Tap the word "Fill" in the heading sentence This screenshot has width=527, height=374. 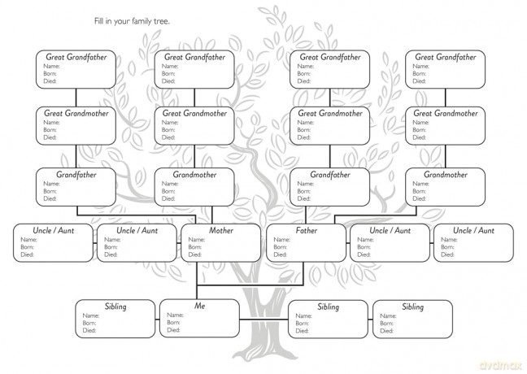tap(98, 21)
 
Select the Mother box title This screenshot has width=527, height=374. tap(221, 231)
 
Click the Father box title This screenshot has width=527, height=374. tap(306, 231)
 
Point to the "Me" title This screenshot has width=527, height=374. tap(199, 306)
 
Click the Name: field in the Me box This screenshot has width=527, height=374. tap(175, 315)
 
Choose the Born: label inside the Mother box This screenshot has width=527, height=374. tap(194, 247)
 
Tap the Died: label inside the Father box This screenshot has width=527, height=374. tap(280, 254)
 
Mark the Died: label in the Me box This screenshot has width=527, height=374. tap(173, 330)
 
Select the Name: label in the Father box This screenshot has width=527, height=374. tap(281, 240)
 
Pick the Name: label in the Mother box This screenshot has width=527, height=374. tap(196, 240)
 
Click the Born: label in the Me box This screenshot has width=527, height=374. tap(173, 323)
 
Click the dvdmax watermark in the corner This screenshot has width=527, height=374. tap(500, 365)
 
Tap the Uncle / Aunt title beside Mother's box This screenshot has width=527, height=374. tap(137, 231)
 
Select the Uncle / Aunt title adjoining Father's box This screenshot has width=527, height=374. tap(390, 231)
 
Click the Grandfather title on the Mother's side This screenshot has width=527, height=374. tap(76, 175)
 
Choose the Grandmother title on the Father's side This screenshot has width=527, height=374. tap(446, 175)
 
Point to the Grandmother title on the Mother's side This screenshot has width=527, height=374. tap(194, 175)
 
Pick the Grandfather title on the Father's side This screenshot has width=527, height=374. tap(330, 175)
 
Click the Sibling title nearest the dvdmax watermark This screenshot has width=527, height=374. tap(412, 307)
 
